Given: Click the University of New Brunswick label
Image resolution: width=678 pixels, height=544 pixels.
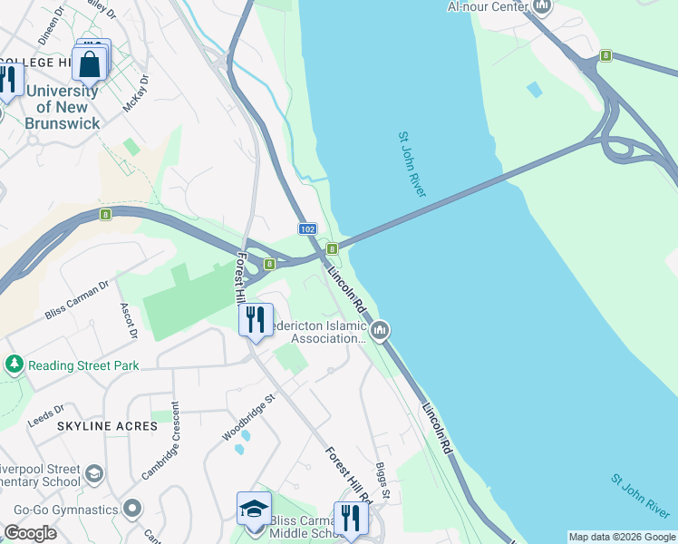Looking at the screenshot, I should (62, 107).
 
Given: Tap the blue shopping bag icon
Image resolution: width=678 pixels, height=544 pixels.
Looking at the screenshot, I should (90, 64).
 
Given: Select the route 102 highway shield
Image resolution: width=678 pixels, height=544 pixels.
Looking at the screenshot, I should (307, 230).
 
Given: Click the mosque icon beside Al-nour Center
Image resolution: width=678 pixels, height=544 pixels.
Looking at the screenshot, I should (542, 7).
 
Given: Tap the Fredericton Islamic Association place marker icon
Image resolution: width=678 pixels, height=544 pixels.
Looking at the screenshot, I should (381, 329).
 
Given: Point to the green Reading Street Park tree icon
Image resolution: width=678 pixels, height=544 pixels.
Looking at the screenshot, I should (15, 364).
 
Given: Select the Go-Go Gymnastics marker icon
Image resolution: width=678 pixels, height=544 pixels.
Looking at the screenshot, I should (132, 509).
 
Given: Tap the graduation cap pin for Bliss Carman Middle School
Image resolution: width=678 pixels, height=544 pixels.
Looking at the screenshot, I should (255, 510).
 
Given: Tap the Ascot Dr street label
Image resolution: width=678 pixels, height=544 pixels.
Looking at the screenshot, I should (128, 320).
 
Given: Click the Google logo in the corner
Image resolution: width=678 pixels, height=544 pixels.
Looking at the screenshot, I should (29, 533).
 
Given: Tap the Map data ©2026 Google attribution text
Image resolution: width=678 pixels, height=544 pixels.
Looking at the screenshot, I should (622, 537).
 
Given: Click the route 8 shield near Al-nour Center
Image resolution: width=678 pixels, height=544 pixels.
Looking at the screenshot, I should (605, 56).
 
